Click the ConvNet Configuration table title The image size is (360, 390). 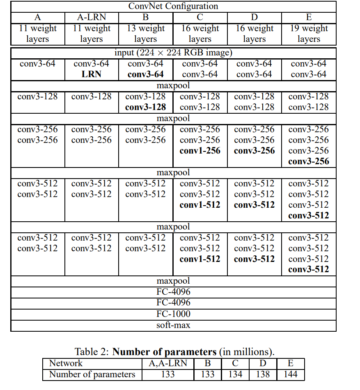coord(173,6)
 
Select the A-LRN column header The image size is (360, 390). coord(91,17)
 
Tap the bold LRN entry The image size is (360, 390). coord(91,74)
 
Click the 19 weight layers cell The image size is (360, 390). coord(309,34)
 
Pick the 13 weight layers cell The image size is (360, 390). coord(145,34)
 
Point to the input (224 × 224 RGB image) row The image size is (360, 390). coord(173,53)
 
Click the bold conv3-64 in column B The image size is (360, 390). coord(145,74)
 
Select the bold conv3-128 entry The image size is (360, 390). coord(145,107)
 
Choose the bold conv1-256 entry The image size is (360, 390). coord(200,151)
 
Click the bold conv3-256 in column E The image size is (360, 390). coord(309,161)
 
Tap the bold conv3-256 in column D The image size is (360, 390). coord(254,151)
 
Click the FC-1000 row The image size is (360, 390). coord(173,314)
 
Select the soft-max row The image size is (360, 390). coord(173,325)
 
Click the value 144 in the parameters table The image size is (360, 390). coord(290,374)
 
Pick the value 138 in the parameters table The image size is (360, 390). coord(263,374)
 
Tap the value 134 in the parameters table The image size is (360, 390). coord(235,374)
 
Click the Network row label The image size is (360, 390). coord(66,363)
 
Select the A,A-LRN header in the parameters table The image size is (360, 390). coord(167,363)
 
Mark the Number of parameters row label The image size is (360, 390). coord(92,374)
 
